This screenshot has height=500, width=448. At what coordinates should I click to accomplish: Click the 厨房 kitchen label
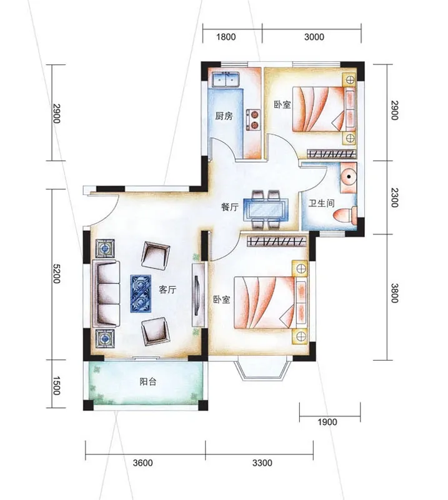coord(224,116)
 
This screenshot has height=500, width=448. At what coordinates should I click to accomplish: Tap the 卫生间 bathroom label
coord(321,202)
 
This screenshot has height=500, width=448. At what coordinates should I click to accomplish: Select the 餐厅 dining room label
coord(230,207)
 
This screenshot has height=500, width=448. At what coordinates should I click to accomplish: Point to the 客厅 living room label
coord(167,289)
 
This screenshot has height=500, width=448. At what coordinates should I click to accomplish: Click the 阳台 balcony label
coord(148,381)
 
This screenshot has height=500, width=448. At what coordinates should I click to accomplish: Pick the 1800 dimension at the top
coord(226,37)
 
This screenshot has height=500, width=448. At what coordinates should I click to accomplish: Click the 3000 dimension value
coord(314,37)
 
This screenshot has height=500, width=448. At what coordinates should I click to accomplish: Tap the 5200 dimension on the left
coord(56,274)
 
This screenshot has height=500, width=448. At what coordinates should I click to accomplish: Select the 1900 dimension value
coord(327,422)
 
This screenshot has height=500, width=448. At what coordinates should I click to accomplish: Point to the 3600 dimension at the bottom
coord(143,462)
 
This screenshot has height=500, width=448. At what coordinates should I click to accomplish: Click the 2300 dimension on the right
coord(395,197)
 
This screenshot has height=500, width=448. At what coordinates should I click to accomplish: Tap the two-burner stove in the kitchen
coord(254,119)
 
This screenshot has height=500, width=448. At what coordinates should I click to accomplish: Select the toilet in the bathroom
coord(345,216)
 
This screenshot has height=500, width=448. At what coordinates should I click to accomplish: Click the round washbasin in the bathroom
coord(348,177)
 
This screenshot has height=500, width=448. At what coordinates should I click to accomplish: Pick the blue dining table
coord(266,209)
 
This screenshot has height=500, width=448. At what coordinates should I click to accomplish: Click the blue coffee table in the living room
coord(141,294)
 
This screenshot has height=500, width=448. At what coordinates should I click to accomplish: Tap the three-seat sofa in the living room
coord(106,294)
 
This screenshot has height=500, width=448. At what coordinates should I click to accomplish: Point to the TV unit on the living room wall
coord(198,294)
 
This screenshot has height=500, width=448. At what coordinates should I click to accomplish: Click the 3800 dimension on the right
coord(395,293)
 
